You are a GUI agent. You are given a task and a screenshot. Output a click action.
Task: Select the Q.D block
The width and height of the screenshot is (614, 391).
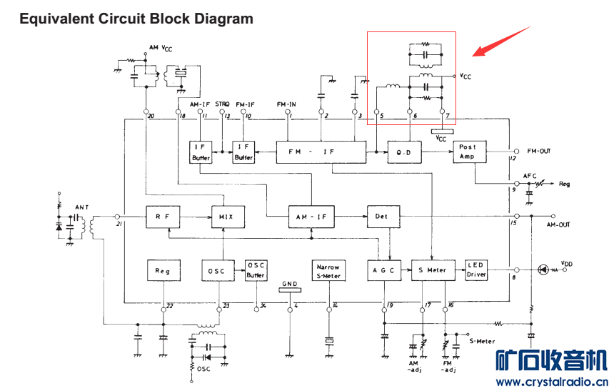[403, 152]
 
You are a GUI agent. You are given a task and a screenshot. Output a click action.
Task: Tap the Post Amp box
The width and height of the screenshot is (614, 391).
[468, 152]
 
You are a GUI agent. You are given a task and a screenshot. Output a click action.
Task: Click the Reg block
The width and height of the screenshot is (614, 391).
[162, 270]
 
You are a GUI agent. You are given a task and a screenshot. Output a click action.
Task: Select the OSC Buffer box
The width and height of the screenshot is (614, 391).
[256, 270]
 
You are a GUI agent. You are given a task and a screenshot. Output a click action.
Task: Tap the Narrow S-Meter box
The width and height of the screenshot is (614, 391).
[328, 270]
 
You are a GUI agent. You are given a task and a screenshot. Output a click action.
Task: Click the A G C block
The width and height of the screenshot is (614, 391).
[384, 270]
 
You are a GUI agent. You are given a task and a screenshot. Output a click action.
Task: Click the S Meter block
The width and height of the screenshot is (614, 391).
[433, 270]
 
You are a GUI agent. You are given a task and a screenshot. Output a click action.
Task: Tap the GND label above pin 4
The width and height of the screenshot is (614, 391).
[289, 283]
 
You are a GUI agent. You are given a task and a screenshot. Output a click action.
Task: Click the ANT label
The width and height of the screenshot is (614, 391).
[81, 207]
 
